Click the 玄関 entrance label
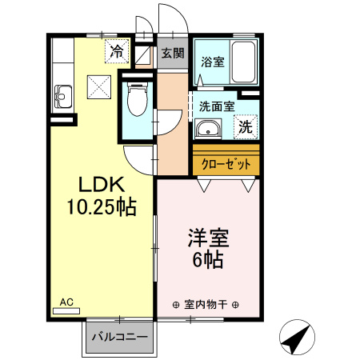pyautogui.click(x=171, y=54)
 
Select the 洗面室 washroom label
pyautogui.click(x=216, y=105)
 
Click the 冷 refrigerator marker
pyautogui.click(x=117, y=52)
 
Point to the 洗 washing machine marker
pyautogui.click(x=246, y=126)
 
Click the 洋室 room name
pyautogui.click(x=209, y=239)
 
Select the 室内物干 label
pyautogui.click(x=206, y=304)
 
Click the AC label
pyautogui.click(x=67, y=302)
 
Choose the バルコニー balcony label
pyautogui.click(x=118, y=338)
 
